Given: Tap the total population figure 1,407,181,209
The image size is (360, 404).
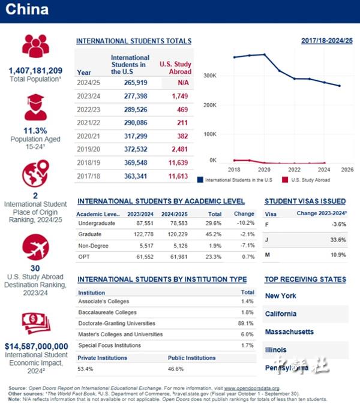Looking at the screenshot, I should [x=35, y=71].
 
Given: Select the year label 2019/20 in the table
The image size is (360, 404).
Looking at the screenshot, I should [x=89, y=149].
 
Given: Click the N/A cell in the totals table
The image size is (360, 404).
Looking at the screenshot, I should [x=183, y=82].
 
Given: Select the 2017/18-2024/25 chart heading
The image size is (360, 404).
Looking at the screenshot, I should [x=327, y=41].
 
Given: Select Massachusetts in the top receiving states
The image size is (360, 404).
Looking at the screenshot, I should [x=289, y=331].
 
